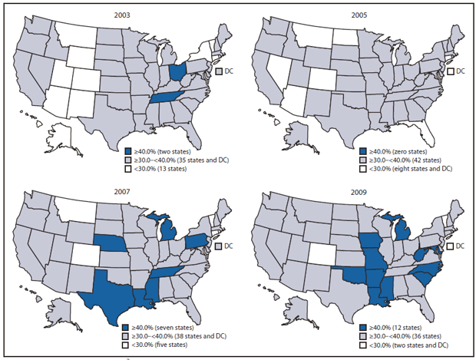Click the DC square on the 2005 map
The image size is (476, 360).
tap(451, 71)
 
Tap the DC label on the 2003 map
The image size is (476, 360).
tap(230, 71)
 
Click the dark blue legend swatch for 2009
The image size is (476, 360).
tap(362, 327)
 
